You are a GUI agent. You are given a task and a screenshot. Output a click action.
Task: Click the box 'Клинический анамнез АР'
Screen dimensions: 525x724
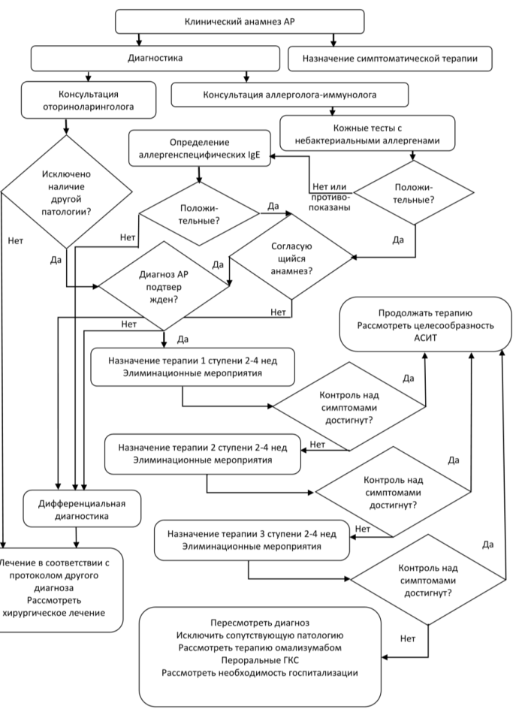pyautogui.click(x=240, y=22)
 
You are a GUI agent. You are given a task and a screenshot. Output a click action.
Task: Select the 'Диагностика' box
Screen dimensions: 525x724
pyautogui.click(x=155, y=58)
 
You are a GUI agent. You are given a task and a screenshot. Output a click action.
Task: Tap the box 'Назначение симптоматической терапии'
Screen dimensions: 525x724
pyautogui.click(x=390, y=59)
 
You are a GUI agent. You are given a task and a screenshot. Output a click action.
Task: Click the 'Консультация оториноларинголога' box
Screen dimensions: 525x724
pyautogui.click(x=89, y=100)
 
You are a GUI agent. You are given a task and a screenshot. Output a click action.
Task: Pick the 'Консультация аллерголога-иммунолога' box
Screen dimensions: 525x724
pyautogui.click(x=289, y=95)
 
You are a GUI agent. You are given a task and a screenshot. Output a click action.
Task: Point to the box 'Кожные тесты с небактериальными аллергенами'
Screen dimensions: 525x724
pyautogui.click(x=367, y=134)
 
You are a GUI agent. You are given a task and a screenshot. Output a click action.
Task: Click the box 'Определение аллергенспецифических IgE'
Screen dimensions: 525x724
pyautogui.click(x=200, y=148)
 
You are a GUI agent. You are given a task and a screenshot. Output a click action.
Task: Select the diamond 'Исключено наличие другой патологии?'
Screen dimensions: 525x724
pyautogui.click(x=67, y=192)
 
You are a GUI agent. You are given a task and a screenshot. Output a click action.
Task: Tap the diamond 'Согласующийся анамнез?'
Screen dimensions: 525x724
pyautogui.click(x=291, y=257)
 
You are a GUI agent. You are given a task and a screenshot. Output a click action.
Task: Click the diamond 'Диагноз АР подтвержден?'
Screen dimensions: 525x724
pyautogui.click(x=164, y=286)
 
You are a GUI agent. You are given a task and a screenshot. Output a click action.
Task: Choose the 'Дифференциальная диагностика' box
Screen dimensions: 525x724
pyautogui.click(x=82, y=509)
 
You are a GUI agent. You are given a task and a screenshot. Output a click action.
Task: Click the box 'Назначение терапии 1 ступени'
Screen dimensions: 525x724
pyautogui.click(x=192, y=367)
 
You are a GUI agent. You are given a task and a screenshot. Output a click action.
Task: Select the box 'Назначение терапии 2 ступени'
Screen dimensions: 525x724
pyautogui.click(x=203, y=454)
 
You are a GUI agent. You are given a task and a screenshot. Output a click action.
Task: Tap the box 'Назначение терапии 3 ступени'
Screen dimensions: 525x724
pyautogui.click(x=252, y=540)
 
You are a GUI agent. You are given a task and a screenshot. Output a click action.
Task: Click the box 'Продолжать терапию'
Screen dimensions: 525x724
pyautogui.click(x=425, y=324)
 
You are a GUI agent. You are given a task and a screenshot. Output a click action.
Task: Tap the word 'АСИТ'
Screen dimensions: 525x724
pyautogui.click(x=425, y=337)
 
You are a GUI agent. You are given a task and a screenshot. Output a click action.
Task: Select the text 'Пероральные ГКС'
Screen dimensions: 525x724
pyautogui.click(x=260, y=660)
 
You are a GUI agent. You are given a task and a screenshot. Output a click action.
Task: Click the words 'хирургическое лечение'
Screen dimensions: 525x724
pyautogui.click(x=53, y=613)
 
